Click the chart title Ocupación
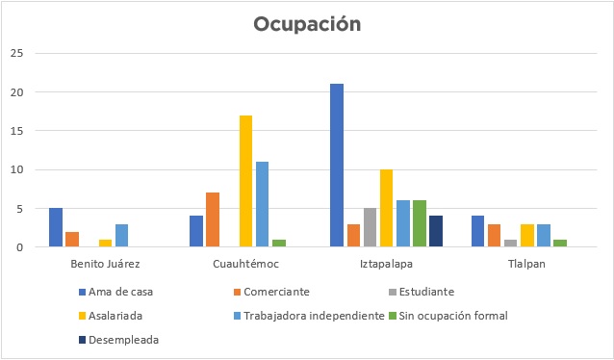point(307,24)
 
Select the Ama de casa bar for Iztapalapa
point(337,166)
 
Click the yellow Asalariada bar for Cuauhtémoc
point(246,181)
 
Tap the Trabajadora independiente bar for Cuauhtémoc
point(263,204)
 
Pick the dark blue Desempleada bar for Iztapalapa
point(436,231)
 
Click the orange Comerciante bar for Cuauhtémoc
point(213,219)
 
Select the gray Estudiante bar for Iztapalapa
point(370,227)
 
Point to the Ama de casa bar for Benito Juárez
point(56,227)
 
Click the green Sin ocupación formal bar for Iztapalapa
point(420,223)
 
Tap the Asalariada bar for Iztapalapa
point(387,208)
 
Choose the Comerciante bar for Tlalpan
point(494,235)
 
